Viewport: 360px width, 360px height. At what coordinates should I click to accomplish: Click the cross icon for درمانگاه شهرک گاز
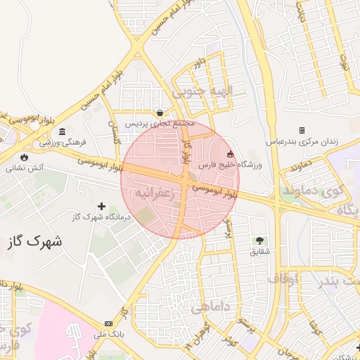tap(103, 207)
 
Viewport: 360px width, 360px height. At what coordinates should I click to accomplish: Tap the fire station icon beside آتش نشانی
tap(26, 157)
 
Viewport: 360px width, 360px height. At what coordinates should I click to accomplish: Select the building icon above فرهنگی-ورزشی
tap(63, 132)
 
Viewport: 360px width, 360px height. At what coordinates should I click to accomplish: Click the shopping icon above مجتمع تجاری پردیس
tap(161, 112)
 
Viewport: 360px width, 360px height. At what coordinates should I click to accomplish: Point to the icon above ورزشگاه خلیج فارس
tap(229, 154)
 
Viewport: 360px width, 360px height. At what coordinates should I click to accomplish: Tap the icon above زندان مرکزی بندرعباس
tap(302, 131)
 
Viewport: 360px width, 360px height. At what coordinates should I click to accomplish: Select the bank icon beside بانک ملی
tap(108, 323)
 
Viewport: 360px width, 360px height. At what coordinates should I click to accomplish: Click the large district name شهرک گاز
tap(33, 241)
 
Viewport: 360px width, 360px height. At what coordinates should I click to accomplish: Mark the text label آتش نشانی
tap(25, 168)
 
